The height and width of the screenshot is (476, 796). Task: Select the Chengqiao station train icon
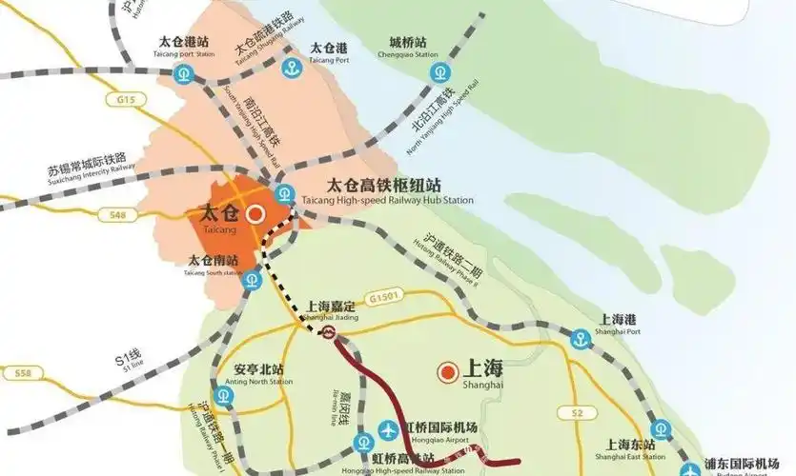click(438, 71)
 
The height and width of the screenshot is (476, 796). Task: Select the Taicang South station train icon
click(252, 280)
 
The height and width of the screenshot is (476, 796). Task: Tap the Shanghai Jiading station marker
click(328, 332)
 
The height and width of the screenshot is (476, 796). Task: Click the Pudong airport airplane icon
click(691, 468)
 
